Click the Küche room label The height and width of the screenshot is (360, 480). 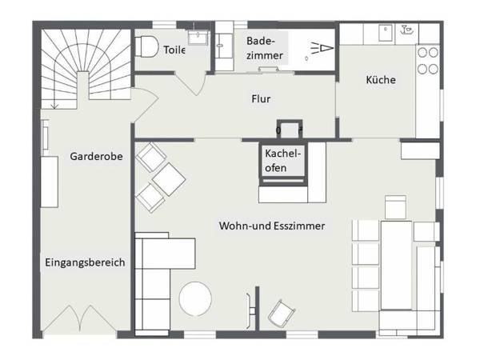(381, 80)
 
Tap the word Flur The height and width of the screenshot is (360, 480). (260, 100)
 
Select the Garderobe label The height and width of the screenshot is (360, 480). (95, 157)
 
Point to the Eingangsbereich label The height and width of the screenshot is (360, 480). (84, 262)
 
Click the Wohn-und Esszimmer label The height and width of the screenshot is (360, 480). (272, 226)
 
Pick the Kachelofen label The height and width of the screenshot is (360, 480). (283, 161)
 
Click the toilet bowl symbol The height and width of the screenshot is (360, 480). (146, 48)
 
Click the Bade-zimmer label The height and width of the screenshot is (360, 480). (264, 47)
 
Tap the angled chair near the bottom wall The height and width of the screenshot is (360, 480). (280, 313)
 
